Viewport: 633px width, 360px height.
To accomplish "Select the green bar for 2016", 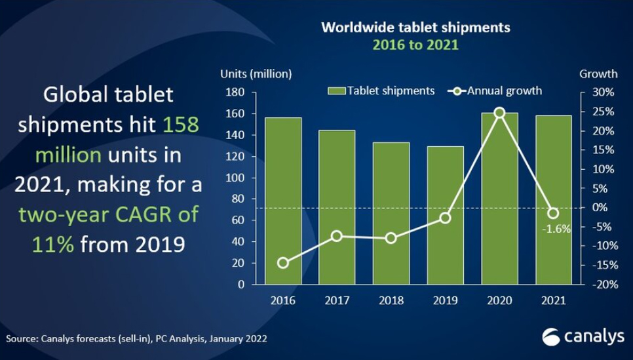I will (x=283, y=200).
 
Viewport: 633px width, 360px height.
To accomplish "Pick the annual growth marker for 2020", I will (x=499, y=113).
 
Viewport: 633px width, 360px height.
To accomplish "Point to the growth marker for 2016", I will (x=283, y=263).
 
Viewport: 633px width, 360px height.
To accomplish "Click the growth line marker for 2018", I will (x=391, y=238).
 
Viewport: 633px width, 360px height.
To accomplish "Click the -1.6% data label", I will (x=556, y=229).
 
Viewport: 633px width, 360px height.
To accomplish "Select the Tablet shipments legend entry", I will (x=383, y=90).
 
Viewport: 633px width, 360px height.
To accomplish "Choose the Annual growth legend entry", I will (x=495, y=90).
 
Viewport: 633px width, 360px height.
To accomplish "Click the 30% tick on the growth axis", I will (x=603, y=92).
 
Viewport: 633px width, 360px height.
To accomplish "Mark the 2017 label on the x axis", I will (x=337, y=301).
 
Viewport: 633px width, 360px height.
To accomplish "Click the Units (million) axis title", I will (x=256, y=73).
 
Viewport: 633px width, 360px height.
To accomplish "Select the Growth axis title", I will (x=598, y=73).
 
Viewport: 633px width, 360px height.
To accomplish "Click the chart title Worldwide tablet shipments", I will (x=415, y=28).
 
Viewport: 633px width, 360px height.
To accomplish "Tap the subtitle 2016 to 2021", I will (x=415, y=45).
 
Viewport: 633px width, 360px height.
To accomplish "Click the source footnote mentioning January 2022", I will (x=136, y=339).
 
